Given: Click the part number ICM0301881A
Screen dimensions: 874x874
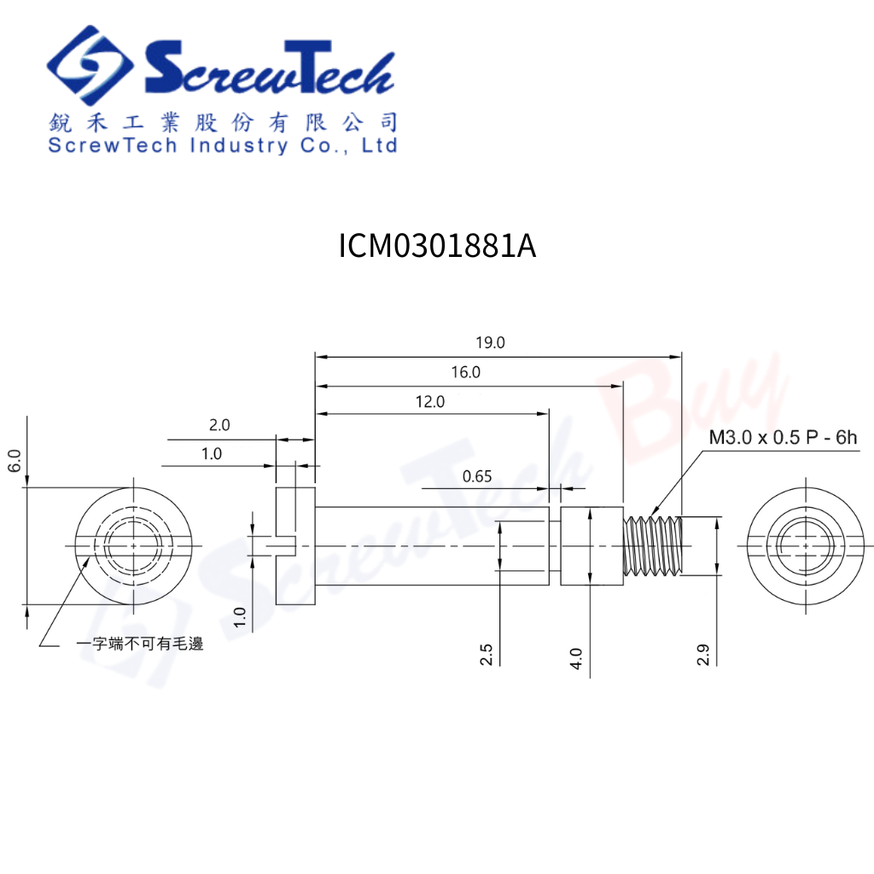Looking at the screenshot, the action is [438, 245].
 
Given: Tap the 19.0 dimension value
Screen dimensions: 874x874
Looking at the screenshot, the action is [490, 342].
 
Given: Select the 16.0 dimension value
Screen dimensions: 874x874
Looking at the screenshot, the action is [465, 372].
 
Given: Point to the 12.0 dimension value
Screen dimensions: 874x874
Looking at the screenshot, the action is [430, 401].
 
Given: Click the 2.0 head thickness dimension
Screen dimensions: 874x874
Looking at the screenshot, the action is [219, 425].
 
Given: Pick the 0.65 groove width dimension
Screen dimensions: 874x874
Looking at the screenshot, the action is [477, 476].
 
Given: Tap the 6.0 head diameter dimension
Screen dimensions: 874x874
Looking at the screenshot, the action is [15, 460].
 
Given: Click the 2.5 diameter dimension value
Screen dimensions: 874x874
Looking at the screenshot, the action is [486, 655].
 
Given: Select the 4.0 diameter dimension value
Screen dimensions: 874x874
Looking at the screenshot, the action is [576, 658].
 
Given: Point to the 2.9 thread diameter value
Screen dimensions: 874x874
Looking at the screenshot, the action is [703, 655].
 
